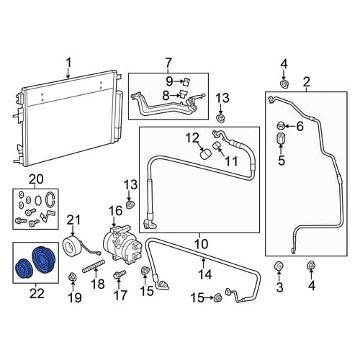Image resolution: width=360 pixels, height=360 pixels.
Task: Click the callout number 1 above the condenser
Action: tap(69, 63)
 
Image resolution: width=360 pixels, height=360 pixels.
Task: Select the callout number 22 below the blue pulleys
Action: tap(37, 293)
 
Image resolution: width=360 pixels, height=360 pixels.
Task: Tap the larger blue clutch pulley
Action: tap(44, 260)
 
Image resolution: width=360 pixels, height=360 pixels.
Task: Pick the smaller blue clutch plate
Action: tap(24, 269)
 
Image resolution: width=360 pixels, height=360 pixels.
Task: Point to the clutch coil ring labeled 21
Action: tap(73, 245)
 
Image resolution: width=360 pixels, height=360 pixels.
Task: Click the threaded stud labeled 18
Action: tap(94, 266)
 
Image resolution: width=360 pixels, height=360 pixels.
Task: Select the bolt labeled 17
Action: tap(120, 274)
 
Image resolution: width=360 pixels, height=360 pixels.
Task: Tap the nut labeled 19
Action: tap(72, 276)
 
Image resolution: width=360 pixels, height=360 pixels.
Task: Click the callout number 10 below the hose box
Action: tap(201, 244)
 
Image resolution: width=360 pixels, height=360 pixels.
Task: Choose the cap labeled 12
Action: tap(205, 153)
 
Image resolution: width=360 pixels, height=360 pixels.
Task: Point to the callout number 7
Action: tap(168, 63)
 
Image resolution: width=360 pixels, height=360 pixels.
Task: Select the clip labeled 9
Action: tap(186, 81)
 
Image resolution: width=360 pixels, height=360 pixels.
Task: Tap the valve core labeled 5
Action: tap(280, 138)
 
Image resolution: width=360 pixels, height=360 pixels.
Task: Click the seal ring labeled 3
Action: tap(279, 266)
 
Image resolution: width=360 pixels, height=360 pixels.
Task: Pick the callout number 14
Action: tap(206, 274)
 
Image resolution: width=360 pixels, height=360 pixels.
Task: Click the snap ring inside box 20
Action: tap(50, 199)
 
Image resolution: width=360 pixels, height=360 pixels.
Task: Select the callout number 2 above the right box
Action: tap(307, 82)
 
